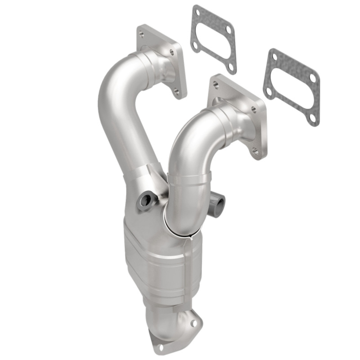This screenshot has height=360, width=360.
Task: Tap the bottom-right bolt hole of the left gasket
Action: pos(230,66)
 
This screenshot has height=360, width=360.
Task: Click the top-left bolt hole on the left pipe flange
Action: pos(142,34)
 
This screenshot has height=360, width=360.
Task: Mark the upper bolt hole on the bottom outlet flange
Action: pos(194,323)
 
